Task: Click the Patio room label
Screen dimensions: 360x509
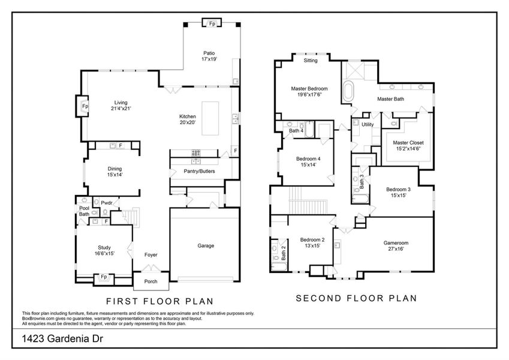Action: click(209, 56)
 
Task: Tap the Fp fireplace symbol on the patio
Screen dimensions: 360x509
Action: click(212, 24)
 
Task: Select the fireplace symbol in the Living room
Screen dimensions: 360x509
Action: click(85, 106)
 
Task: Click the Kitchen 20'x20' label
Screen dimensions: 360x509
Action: click(187, 119)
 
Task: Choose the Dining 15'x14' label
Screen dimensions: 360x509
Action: click(115, 172)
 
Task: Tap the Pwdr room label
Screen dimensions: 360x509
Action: click(107, 203)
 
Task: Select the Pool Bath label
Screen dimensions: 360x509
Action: click(84, 211)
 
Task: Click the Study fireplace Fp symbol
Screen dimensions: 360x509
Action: click(103, 277)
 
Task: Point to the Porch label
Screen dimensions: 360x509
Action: click(150, 281)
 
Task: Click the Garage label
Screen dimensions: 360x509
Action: click(206, 245)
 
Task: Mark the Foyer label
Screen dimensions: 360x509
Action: click(150, 255)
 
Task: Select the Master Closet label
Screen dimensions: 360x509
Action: click(408, 146)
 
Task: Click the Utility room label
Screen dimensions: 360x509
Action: click(368, 125)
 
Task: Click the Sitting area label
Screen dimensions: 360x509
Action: click(311, 61)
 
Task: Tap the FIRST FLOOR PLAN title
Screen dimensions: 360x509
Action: click(160, 301)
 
